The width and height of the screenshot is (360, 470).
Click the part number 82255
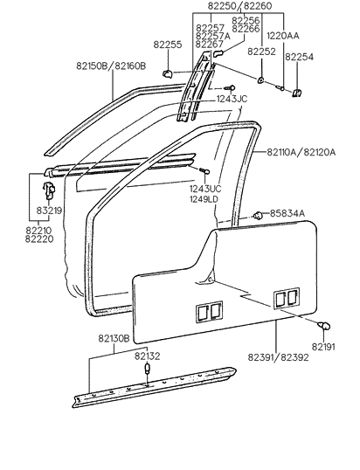pyautogui.click(x=168, y=44)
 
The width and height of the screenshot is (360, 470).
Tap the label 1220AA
pyautogui.click(x=282, y=36)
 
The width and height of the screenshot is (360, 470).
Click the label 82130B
pyautogui.click(x=113, y=338)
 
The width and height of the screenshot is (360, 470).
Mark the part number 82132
pyautogui.click(x=147, y=356)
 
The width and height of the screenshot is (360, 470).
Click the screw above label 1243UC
pyautogui.click(x=204, y=170)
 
